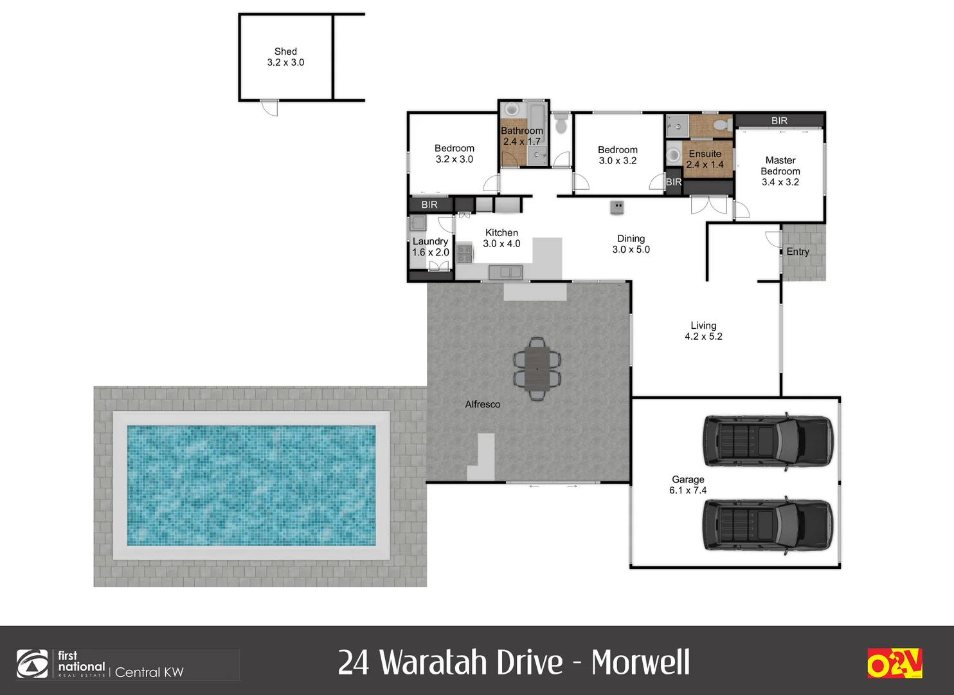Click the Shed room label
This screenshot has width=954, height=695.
pos(285,57)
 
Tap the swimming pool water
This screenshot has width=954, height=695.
pos(251,485)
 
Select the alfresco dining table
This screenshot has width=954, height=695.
pos(537,369)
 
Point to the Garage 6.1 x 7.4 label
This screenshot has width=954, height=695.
pos(688,485)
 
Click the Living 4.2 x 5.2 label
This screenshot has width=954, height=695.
pos(703,331)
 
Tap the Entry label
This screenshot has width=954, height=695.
pos(798,252)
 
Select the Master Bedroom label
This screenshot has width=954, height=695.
pos(780,171)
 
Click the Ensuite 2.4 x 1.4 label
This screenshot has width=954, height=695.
pos(705,159)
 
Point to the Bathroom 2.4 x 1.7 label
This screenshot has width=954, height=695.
pos(522,136)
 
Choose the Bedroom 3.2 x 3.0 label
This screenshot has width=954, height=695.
pos(454,154)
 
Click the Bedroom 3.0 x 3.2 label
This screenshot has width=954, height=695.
pos(618,155)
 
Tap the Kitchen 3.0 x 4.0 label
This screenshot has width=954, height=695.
pos(501,238)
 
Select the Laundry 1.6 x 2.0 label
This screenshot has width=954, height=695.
pos(430,246)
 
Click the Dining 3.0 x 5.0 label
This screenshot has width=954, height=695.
pos(631,244)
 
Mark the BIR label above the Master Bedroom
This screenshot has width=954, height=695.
pos(779,120)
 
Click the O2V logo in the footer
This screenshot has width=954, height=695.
pos(894,663)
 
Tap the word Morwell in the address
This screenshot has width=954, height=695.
pos(640,662)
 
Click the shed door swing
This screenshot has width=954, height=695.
pos(271,108)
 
